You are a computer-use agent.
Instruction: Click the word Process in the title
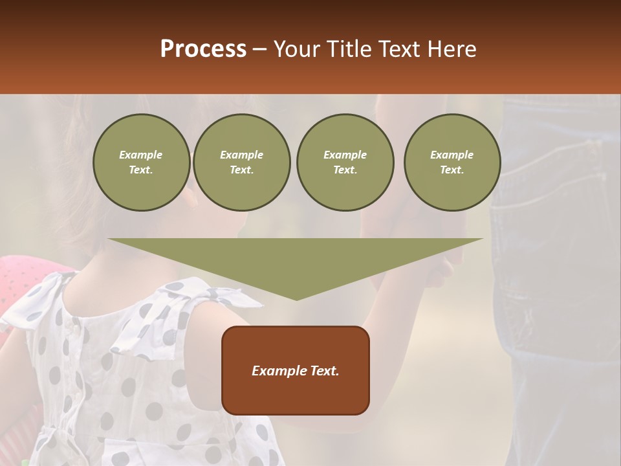click(x=203, y=49)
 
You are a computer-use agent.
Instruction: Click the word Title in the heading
click(x=348, y=49)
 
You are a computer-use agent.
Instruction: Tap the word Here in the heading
click(x=450, y=49)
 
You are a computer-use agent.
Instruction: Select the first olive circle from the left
click(x=141, y=162)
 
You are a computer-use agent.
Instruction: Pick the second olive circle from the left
click(x=242, y=162)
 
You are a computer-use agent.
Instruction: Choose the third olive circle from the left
click(x=345, y=162)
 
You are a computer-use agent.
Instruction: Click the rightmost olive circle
click(x=452, y=162)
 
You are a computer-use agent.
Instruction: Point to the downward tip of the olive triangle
click(x=296, y=298)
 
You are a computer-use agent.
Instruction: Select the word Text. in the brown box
click(x=324, y=371)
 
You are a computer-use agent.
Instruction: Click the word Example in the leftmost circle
click(x=141, y=155)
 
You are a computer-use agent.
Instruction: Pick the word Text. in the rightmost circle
click(x=452, y=170)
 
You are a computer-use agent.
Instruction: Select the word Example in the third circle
click(x=345, y=155)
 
